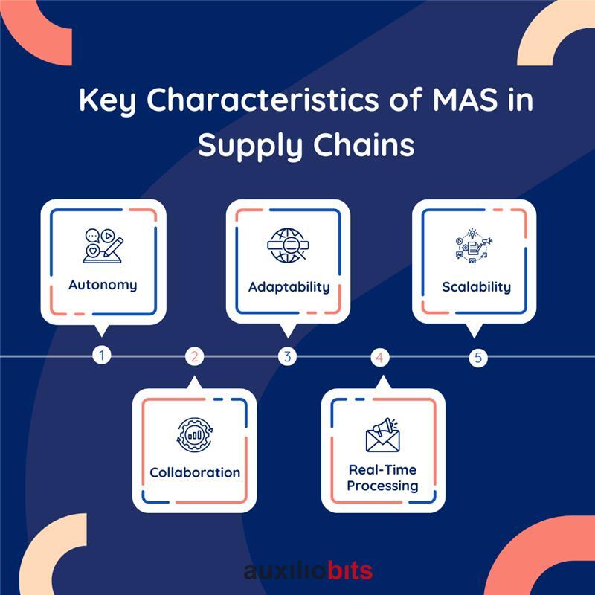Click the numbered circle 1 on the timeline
[102, 356]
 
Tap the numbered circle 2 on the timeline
[194, 356]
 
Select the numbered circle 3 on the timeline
[287, 356]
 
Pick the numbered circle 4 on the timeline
[379, 357]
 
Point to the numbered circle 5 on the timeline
[477, 357]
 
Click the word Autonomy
[103, 285]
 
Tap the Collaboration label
[195, 472]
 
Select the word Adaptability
[289, 286]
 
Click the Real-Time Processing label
[383, 477]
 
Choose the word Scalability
[476, 286]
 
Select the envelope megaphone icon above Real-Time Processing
[383, 434]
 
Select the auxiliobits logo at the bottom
[308, 571]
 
